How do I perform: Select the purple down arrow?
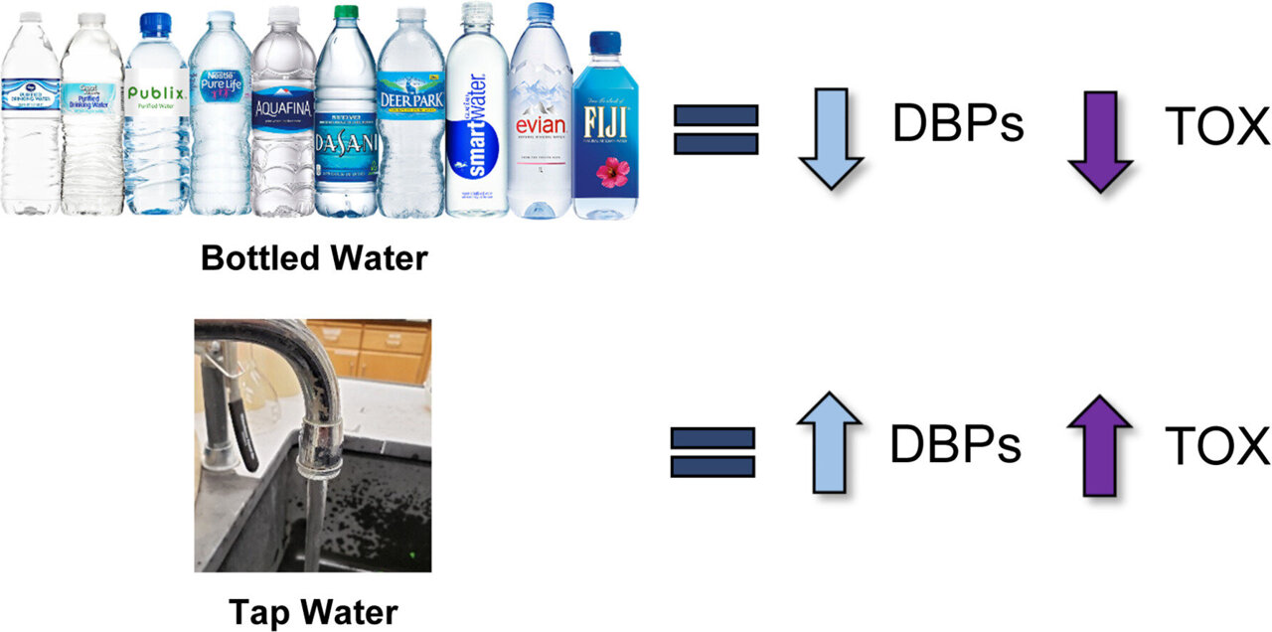[x=1100, y=139]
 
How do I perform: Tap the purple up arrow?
[x=1100, y=443]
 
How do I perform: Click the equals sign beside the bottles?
[x=715, y=130]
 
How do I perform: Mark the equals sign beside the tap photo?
[x=713, y=452]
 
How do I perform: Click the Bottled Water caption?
[x=313, y=258]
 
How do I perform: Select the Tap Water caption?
[x=313, y=611]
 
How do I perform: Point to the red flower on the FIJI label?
[x=605, y=175]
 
